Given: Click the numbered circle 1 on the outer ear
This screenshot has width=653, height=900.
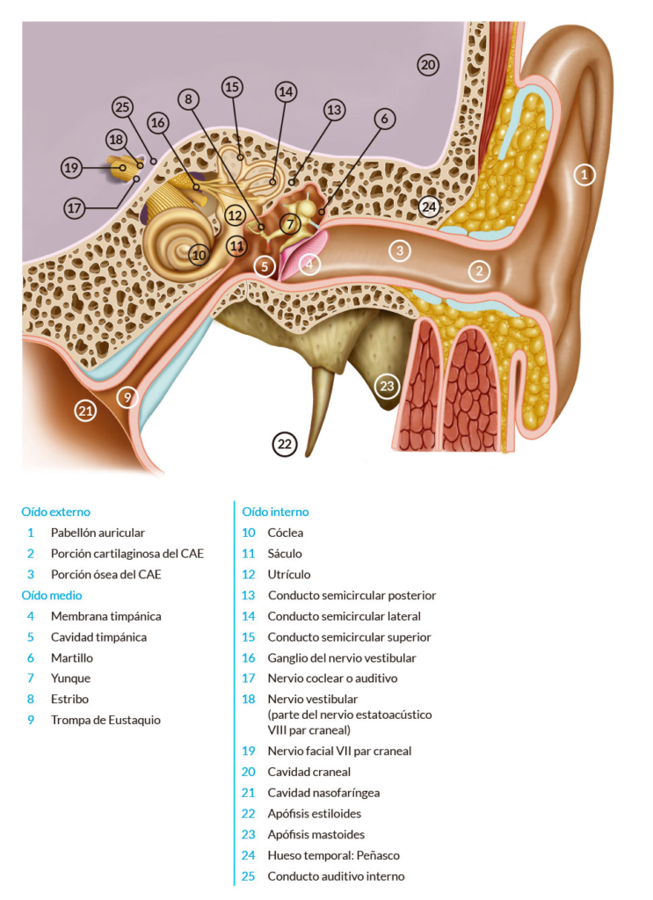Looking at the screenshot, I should click(x=584, y=174).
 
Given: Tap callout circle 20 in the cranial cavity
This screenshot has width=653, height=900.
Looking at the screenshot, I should click(x=428, y=64).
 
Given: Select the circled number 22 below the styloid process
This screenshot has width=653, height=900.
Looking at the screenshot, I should click(x=284, y=444).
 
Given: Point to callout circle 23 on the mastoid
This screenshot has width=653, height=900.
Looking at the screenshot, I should click(x=388, y=385).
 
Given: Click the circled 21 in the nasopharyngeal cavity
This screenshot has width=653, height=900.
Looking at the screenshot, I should click(x=84, y=410).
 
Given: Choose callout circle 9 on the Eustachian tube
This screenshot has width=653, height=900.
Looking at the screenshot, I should click(x=128, y=397).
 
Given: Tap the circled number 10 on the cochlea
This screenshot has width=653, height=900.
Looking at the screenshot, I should click(x=199, y=255).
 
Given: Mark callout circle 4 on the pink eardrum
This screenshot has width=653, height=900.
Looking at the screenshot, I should click(x=308, y=263).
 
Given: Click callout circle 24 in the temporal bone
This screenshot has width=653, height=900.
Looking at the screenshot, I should click(x=428, y=207).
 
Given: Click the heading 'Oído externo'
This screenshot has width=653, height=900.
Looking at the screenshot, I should click(x=56, y=512).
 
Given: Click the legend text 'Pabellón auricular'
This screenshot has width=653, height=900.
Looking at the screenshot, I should click(x=98, y=533).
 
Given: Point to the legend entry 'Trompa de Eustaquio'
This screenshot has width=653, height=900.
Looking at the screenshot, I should click(x=105, y=720).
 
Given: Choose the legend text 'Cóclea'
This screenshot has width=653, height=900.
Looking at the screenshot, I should click(x=286, y=533).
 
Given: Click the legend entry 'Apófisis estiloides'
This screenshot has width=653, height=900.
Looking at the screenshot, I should click(x=314, y=814).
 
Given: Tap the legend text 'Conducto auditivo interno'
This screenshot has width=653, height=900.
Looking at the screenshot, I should click(x=336, y=876).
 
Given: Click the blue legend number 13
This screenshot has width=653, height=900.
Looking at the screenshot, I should click(x=249, y=595).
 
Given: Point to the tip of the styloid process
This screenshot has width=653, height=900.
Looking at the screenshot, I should click(x=308, y=455).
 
